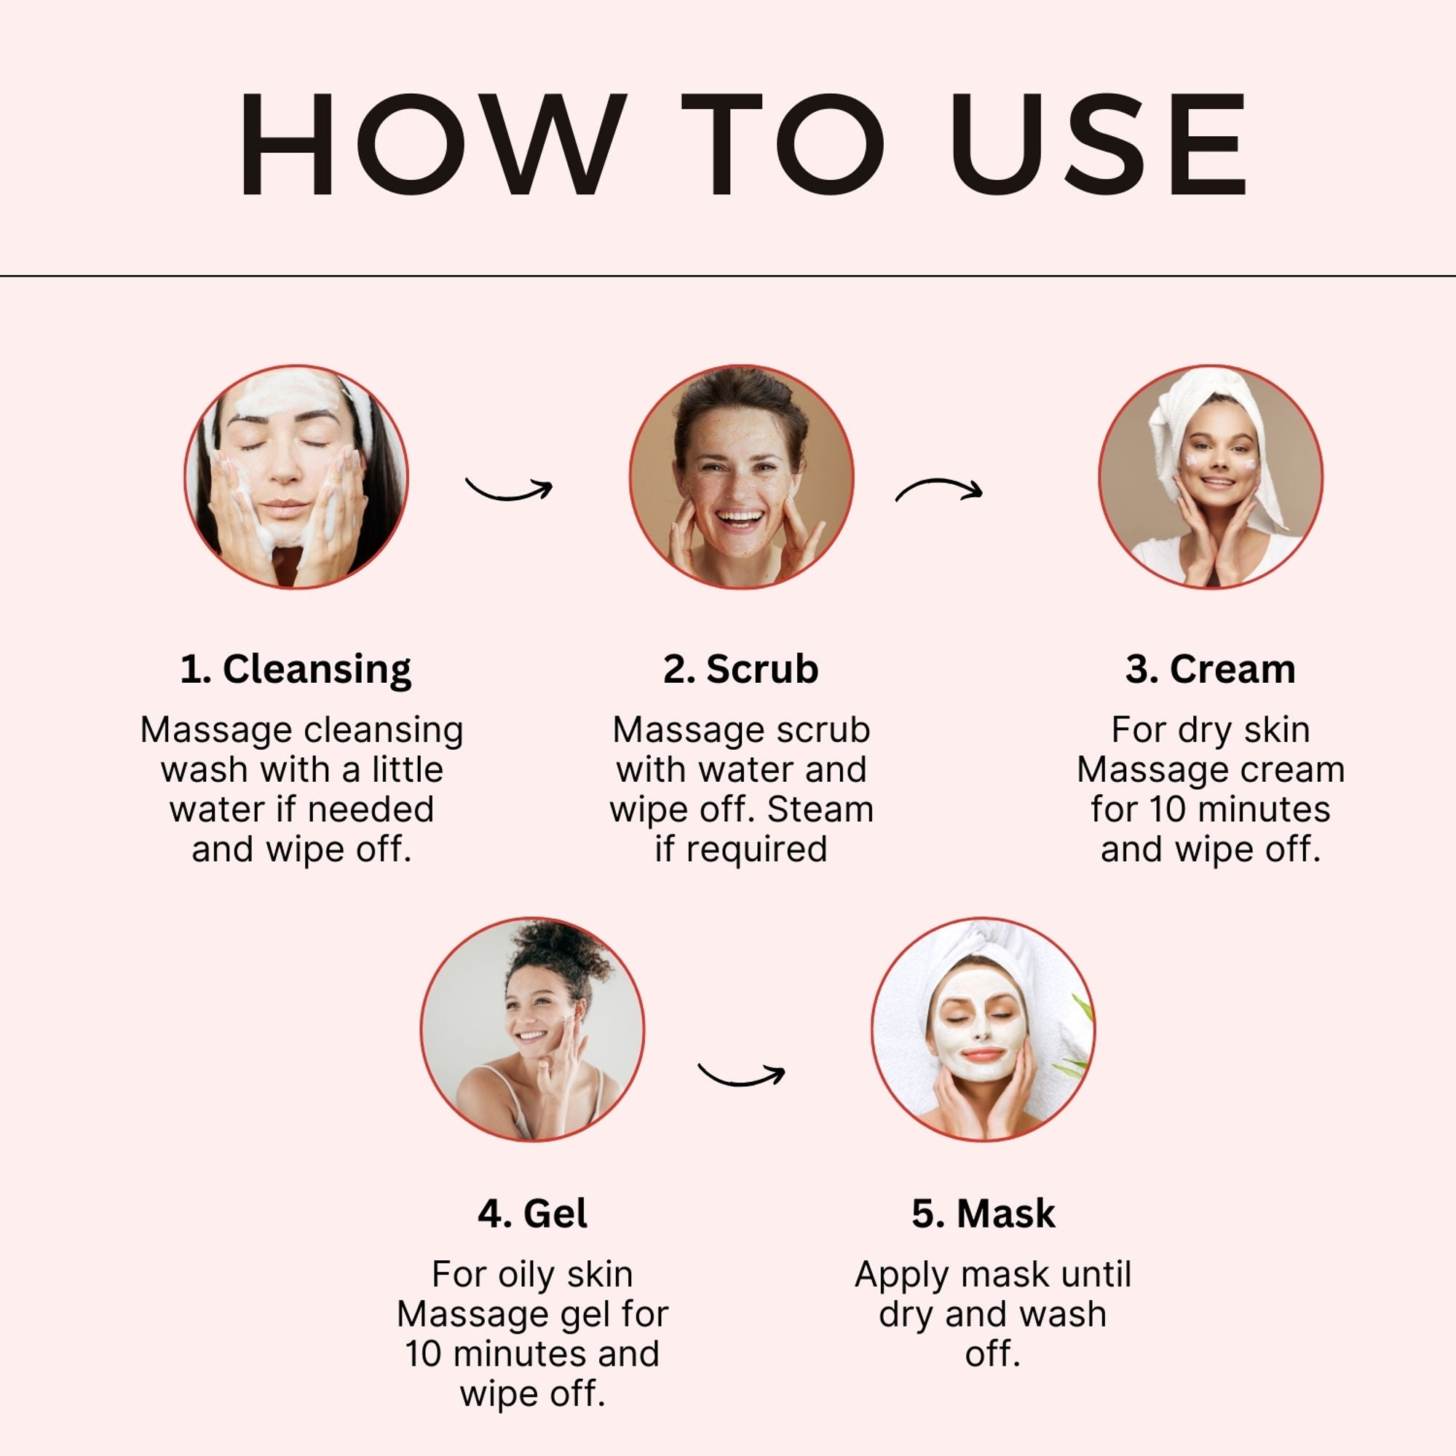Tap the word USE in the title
pos(1098,145)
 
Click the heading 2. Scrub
pos(741,669)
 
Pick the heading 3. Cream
pos(1211,669)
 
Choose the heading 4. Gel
pos(533,1214)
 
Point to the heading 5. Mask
pos(984,1214)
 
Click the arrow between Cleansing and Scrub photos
pos(510,494)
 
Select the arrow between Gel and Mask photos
pos(742,1080)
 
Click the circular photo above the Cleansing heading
pos(296,477)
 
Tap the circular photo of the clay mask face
pos(984,1029)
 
